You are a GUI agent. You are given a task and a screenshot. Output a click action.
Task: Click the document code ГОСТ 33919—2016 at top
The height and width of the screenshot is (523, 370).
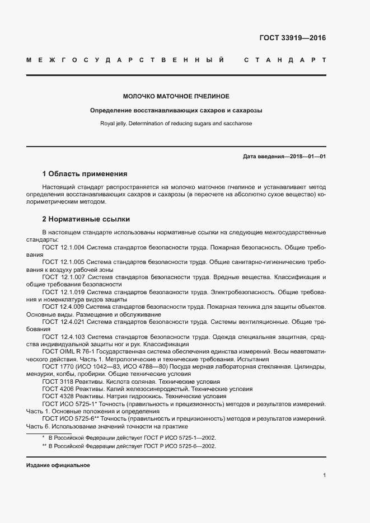click(x=293, y=38)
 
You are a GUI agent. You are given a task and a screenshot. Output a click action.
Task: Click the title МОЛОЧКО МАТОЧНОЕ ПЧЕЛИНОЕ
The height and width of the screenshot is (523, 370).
click(x=176, y=96)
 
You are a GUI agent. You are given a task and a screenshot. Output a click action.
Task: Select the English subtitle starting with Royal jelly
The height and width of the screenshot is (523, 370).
click(x=176, y=122)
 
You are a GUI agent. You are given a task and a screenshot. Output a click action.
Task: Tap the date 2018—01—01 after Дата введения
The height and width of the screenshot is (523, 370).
click(x=306, y=156)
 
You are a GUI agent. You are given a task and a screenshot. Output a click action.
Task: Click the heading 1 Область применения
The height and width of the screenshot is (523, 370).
click(x=85, y=173)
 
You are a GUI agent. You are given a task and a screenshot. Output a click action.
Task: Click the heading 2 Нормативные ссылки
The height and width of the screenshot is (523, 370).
click(x=86, y=219)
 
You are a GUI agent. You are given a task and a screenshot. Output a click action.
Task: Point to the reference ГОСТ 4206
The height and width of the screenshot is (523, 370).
click(x=55, y=389)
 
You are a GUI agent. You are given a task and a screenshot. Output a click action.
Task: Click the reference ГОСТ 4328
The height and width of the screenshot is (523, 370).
click(x=55, y=396)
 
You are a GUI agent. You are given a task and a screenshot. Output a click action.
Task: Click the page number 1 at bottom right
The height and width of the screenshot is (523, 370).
click(x=324, y=475)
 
